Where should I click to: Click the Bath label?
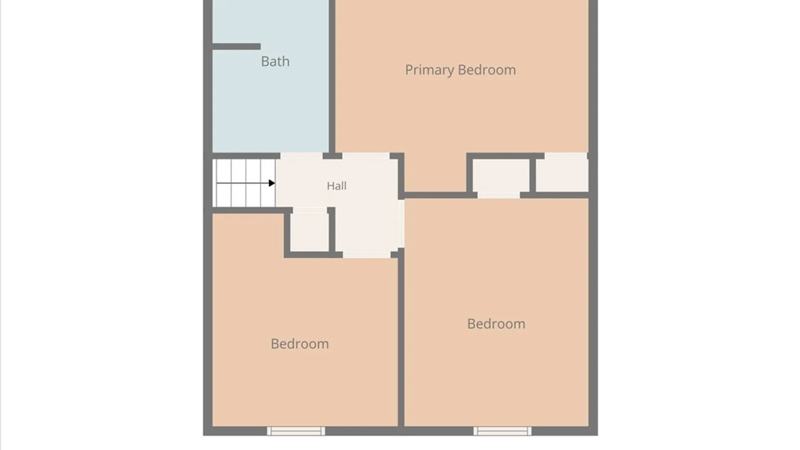point(275,61)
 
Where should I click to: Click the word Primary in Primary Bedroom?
point(430,70)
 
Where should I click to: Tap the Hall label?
point(336,185)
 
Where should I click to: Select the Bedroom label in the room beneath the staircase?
point(300,344)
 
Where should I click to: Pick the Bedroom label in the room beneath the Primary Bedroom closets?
point(496,324)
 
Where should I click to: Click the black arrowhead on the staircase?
point(272,183)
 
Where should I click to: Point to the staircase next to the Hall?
point(244,183)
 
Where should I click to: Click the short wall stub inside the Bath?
point(237,47)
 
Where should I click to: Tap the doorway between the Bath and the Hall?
point(301,156)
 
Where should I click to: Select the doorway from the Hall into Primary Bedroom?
point(366,156)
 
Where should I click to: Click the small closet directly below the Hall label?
point(310,232)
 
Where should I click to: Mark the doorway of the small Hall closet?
point(310,210)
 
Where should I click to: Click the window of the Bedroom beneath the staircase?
point(296,431)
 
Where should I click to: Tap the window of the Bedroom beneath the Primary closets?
point(502,431)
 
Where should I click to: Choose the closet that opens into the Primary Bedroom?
point(562,175)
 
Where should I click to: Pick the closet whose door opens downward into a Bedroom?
point(501,175)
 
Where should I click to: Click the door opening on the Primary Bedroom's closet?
point(566,156)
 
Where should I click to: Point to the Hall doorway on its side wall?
point(401,224)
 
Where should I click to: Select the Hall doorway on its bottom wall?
point(367,255)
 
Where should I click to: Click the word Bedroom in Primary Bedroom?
point(487,70)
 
